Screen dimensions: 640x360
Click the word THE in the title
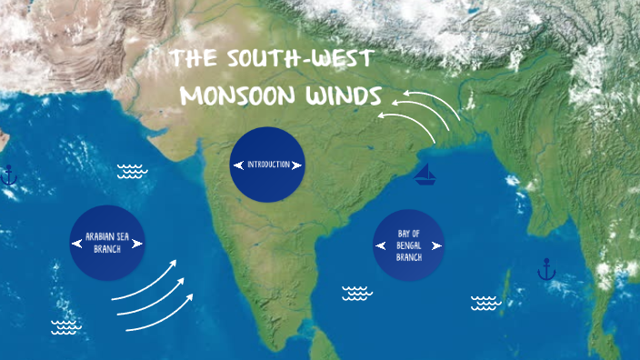tap(194, 61)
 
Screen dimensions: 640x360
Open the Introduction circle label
tap(267, 165)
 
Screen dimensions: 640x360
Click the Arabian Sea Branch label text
tap(107, 242)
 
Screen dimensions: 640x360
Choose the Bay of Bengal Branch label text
tap(408, 245)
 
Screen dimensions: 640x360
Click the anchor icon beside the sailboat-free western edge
tap(9, 175)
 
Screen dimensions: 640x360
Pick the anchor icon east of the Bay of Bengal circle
tap(545, 269)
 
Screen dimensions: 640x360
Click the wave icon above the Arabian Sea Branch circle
tap(132, 170)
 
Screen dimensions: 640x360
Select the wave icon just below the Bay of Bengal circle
tap(356, 293)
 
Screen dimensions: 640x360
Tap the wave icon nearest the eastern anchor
tap(486, 303)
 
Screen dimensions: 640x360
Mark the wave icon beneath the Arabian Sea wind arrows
tap(65, 326)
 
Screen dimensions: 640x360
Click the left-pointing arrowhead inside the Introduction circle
tap(239, 165)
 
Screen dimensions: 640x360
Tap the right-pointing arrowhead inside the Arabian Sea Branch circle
tap(143, 242)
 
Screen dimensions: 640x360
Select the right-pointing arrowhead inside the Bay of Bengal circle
tap(438, 245)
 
